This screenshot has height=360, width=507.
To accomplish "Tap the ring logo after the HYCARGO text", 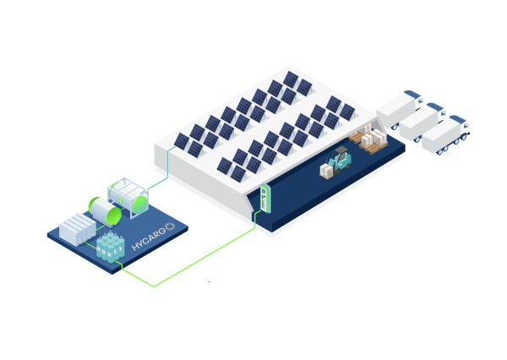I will (x=170, y=226).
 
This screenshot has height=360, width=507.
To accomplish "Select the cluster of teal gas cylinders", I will (x=110, y=247).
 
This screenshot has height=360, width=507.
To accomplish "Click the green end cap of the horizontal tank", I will (x=95, y=209).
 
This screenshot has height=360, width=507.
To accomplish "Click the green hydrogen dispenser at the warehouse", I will (x=264, y=199).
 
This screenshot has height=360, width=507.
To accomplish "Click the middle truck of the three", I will (x=422, y=122).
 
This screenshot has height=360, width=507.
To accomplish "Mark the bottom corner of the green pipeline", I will (x=154, y=286).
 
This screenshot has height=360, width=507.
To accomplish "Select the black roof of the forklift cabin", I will (x=341, y=150).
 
